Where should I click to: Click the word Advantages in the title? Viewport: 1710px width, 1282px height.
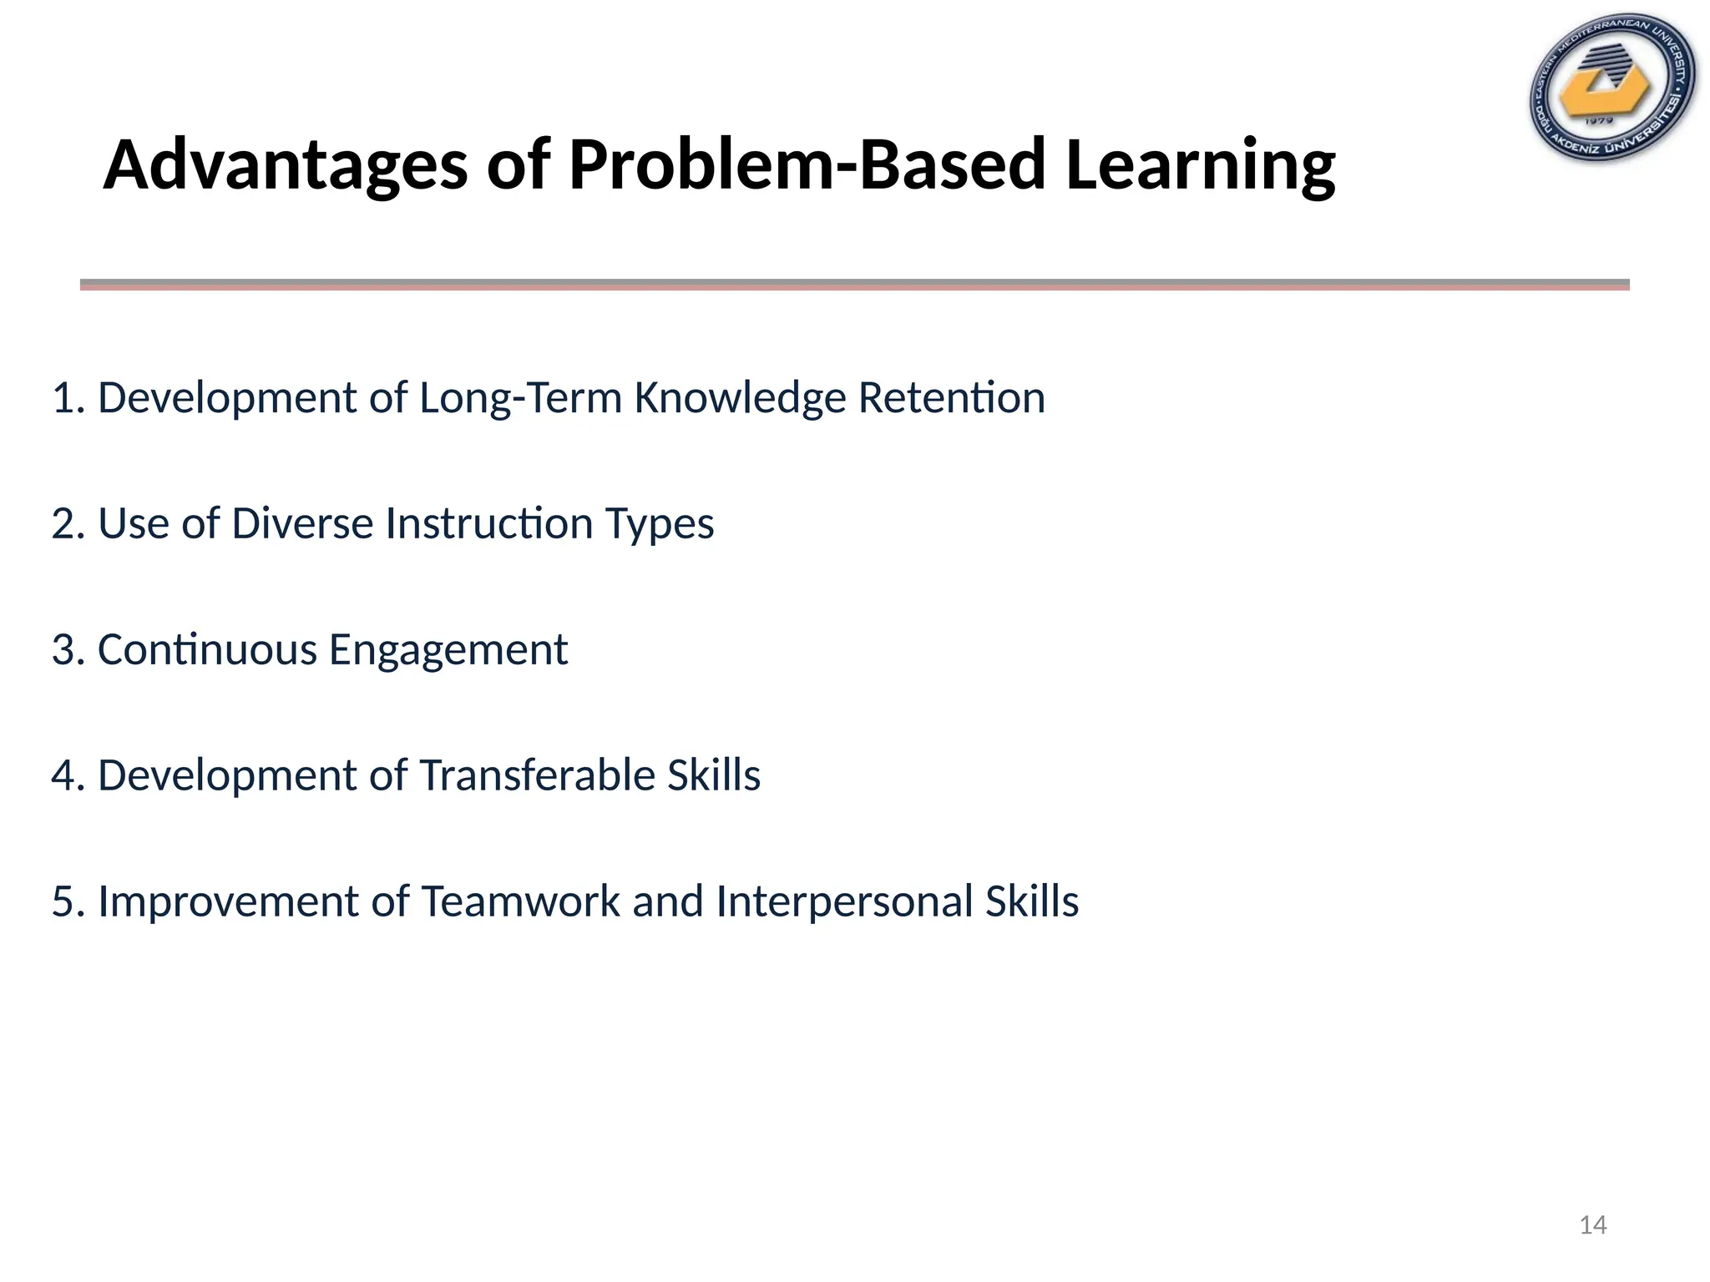pyautogui.click(x=285, y=165)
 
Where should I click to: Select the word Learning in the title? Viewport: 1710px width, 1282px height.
pyautogui.click(x=1200, y=165)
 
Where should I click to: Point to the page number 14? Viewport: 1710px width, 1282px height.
pyautogui.click(x=1593, y=1225)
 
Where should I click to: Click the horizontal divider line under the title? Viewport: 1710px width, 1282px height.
pyautogui.click(x=854, y=285)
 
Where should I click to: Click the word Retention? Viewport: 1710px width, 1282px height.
pyautogui.click(x=951, y=398)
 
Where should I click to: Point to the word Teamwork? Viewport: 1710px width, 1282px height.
pyautogui.click(x=520, y=902)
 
